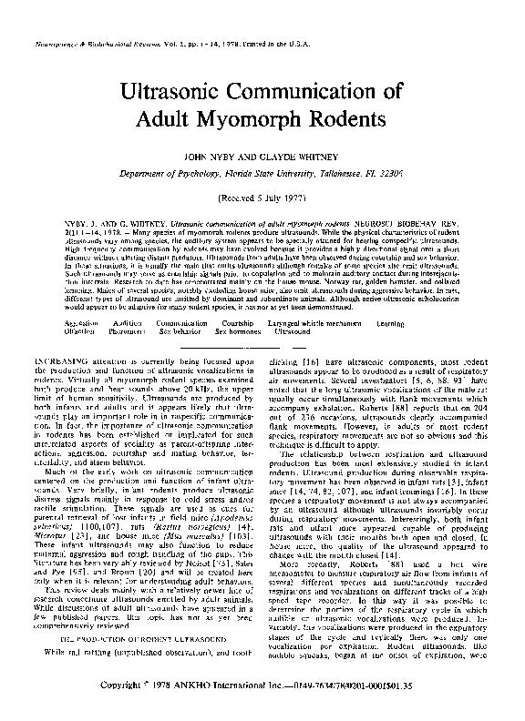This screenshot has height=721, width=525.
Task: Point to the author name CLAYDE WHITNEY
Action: point(297,155)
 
